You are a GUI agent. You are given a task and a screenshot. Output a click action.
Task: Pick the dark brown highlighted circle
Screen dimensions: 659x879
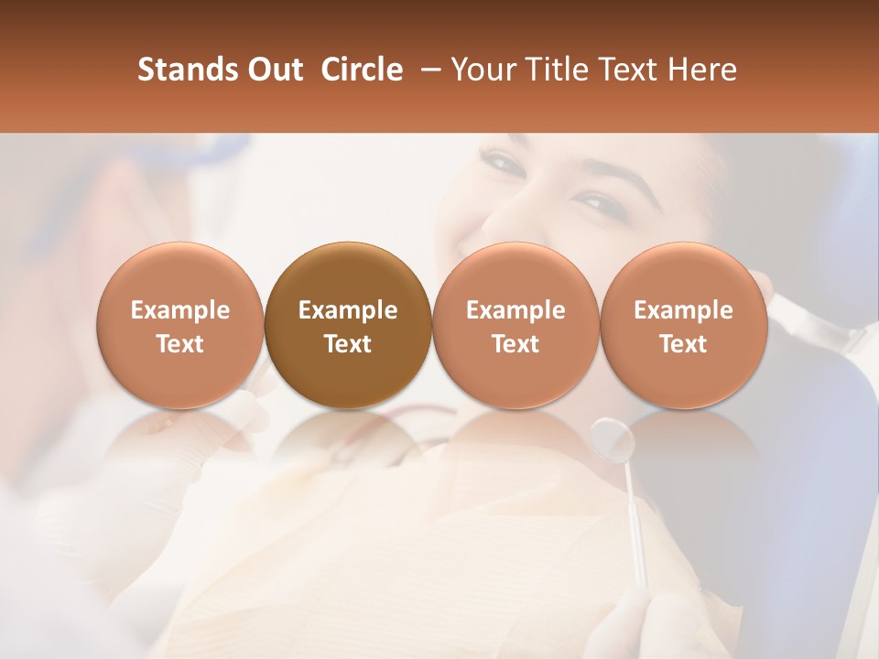tap(348, 326)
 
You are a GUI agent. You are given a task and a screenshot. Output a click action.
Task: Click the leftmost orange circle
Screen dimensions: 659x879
tap(180, 326)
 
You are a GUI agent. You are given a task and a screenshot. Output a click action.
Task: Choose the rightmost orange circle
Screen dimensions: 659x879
tap(683, 326)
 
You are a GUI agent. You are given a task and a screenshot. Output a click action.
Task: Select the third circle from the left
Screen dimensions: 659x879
tap(515, 326)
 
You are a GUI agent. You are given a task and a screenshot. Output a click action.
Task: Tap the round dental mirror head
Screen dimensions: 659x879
tap(613, 439)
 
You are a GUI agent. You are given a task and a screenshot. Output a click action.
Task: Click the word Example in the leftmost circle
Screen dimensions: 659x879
tap(180, 310)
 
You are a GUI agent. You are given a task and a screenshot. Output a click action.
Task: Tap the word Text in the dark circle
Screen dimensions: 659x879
tap(348, 344)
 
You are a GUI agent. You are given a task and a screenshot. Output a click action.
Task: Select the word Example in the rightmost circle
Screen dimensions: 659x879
tap(683, 310)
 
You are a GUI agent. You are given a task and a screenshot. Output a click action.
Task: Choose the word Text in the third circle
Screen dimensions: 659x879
tap(515, 344)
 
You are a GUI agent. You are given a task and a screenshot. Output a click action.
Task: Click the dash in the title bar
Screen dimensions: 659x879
tap(428, 70)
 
